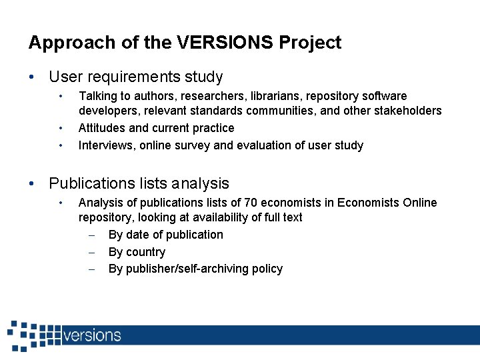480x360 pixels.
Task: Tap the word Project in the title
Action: click(310, 43)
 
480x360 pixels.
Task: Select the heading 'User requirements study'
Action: click(136, 77)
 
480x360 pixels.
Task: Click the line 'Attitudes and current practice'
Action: click(156, 128)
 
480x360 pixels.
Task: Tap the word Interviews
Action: click(107, 145)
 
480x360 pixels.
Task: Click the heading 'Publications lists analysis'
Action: click(139, 183)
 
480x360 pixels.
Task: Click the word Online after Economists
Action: click(418, 202)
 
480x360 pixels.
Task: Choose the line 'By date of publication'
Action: click(165, 235)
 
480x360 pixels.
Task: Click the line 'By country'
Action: click(137, 252)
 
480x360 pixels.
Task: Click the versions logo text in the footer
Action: click(92, 335)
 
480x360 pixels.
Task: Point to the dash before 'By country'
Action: click(94, 252)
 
